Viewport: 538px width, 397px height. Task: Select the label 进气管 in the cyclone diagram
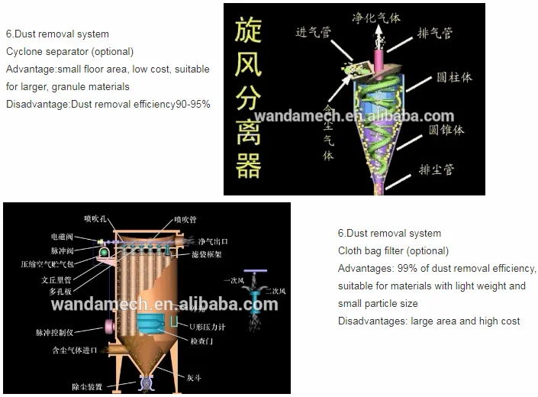[x=314, y=31]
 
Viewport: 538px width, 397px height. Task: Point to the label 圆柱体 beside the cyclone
[x=454, y=78]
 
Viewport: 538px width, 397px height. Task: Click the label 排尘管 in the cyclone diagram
[x=437, y=169]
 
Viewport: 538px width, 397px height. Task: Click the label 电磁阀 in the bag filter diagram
[x=63, y=237]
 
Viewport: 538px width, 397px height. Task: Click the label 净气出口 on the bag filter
[x=213, y=242]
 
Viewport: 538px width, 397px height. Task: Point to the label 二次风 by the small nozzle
[x=277, y=291]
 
